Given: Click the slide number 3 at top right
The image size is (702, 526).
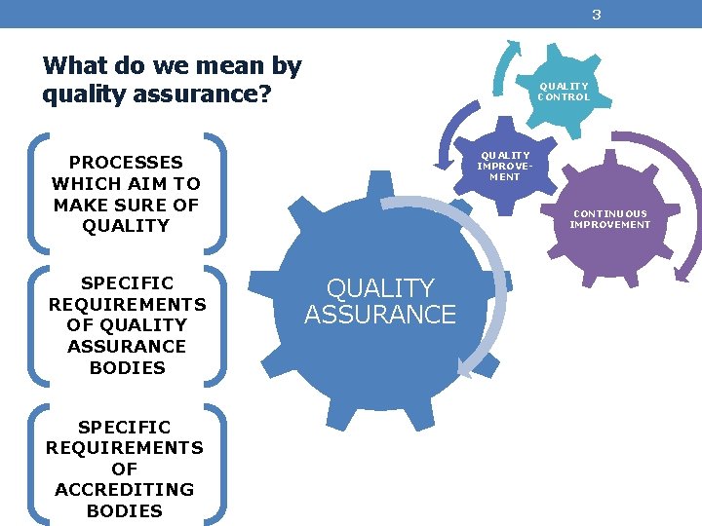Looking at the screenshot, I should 596,15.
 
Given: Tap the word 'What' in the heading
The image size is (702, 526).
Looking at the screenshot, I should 76,66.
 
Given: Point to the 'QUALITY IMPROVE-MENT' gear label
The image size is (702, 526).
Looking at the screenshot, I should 504,166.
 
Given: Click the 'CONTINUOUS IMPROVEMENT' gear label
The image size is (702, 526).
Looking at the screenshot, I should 609,219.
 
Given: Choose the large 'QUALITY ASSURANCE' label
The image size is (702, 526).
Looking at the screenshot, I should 379,301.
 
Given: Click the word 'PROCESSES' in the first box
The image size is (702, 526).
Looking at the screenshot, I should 126,163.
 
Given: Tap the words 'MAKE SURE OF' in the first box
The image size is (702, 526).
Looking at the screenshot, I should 126,205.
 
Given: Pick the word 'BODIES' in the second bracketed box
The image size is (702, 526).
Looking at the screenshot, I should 126,367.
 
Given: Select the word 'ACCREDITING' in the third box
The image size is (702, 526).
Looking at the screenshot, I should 125,489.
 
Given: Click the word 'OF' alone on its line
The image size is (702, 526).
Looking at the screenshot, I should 125,469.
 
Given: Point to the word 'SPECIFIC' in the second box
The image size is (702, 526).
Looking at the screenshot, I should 127,283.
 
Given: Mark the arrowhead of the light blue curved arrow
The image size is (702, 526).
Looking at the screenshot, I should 467,367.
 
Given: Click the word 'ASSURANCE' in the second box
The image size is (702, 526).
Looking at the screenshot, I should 126,346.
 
